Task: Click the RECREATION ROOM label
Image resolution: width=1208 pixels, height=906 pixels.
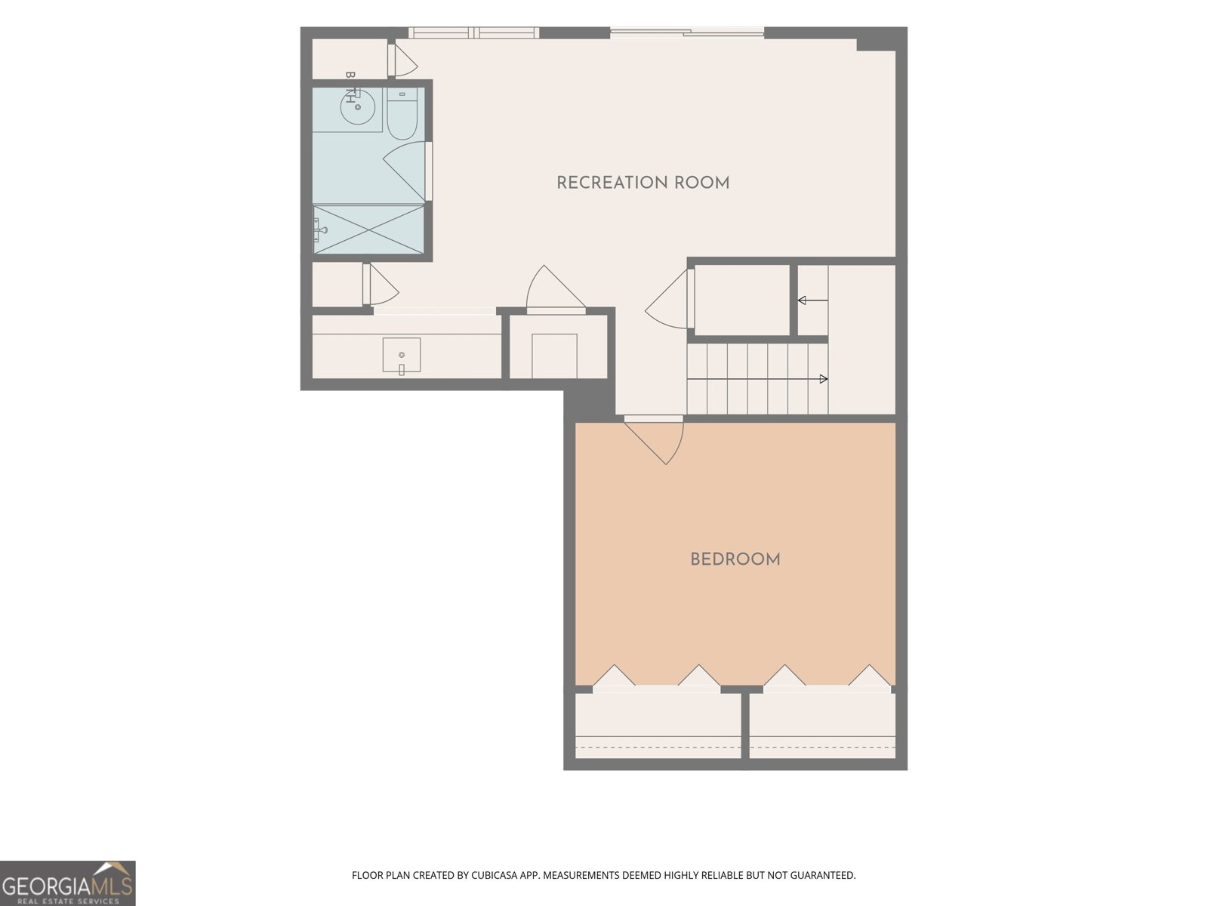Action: click(x=643, y=183)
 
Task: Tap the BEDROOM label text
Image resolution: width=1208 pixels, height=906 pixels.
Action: click(x=735, y=560)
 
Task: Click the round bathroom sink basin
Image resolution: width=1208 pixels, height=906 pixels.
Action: click(x=358, y=106)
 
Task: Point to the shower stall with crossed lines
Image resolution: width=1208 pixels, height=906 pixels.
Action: click(x=368, y=230)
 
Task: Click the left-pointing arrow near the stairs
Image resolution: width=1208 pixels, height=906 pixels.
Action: click(x=813, y=300)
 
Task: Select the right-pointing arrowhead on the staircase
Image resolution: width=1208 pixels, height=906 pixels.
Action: click(x=824, y=379)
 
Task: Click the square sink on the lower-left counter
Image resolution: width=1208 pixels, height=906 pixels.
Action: click(x=401, y=355)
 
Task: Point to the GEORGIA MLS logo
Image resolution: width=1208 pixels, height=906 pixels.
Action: click(x=68, y=883)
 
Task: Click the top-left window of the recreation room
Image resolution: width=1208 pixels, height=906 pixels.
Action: click(x=474, y=33)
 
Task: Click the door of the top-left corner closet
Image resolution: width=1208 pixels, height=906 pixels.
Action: click(x=402, y=60)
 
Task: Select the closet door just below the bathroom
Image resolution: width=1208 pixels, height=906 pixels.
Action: click(x=380, y=285)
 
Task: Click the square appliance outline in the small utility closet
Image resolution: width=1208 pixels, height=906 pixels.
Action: click(x=554, y=356)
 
